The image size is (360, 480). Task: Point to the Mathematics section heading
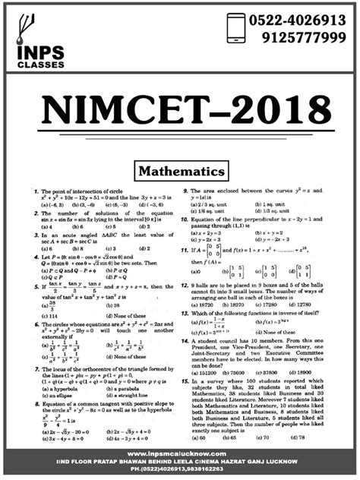pos(180,171)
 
